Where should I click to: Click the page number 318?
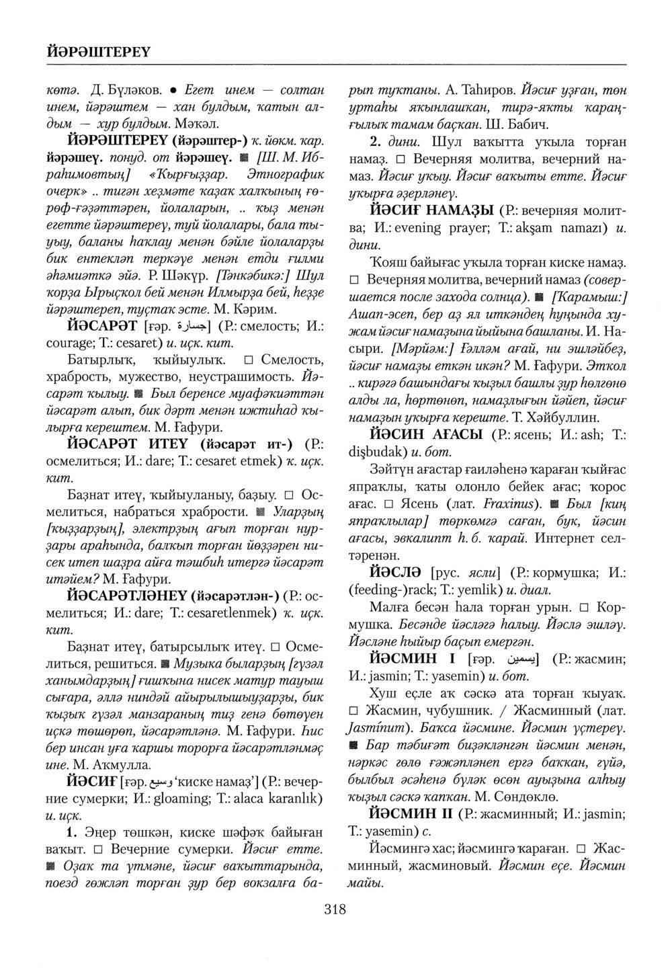(x=334, y=910)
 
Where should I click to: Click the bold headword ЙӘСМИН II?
(x=409, y=814)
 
